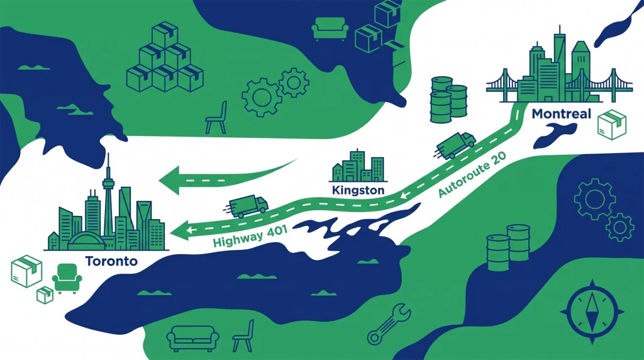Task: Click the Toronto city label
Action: [x=111, y=261]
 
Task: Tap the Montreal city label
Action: [x=561, y=114]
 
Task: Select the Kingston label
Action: [x=358, y=190]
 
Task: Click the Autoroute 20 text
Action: [x=472, y=174]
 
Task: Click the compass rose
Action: [x=592, y=312]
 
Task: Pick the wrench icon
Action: [x=389, y=323]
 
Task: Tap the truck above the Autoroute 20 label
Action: [x=456, y=145]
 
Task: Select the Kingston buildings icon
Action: [x=358, y=166]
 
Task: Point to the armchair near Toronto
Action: [x=67, y=278]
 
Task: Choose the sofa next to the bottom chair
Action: [x=192, y=338]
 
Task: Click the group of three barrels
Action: [x=448, y=100]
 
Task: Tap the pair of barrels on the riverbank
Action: [x=508, y=247]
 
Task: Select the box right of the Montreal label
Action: [x=612, y=123]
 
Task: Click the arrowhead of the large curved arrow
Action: [x=170, y=181]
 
